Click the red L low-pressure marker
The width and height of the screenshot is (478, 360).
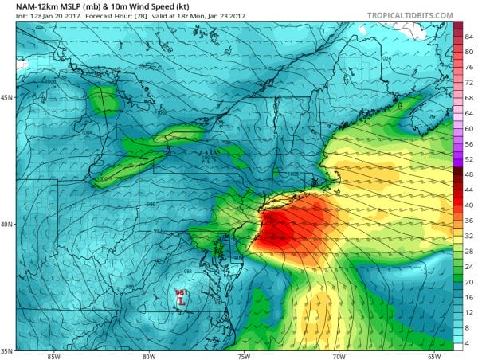pyautogui.click(x=182, y=303)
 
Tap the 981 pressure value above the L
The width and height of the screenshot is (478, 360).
pyautogui.click(x=180, y=293)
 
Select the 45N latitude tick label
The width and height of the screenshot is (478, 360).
pyautogui.click(x=7, y=98)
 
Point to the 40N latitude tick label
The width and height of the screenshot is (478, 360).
pyautogui.click(x=7, y=225)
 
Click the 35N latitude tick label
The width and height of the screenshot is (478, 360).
pyautogui.click(x=7, y=350)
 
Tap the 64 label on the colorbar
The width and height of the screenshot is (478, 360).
pyautogui.click(x=469, y=112)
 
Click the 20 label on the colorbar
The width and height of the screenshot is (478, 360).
pyautogui.click(x=469, y=282)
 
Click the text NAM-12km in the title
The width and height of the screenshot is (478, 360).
pyautogui.click(x=25, y=7)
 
